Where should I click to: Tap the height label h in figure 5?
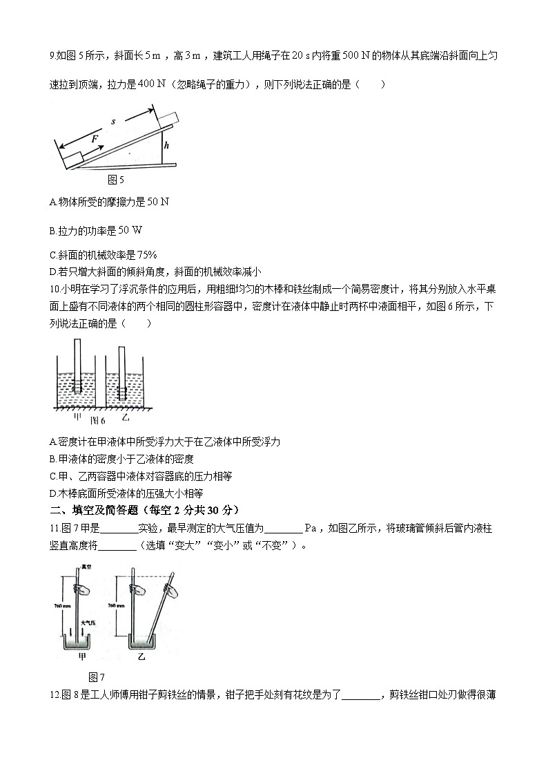point(166,146)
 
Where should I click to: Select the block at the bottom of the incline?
point(72,162)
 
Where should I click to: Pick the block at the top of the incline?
point(168,120)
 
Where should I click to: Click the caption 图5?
point(116,180)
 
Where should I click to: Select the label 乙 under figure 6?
point(125,417)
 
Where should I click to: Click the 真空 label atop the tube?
point(86,567)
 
